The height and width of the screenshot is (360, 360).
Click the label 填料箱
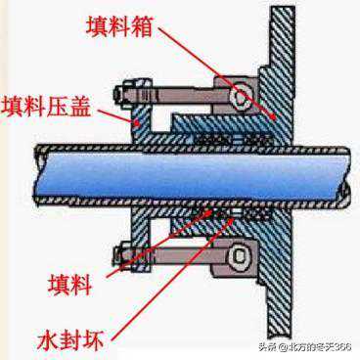tap(119, 25)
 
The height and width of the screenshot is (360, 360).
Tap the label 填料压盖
tap(46, 107)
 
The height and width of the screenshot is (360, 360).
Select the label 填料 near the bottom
tap(70, 285)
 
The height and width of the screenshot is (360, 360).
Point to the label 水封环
tap(71, 339)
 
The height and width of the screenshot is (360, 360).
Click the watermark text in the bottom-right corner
tap(305, 347)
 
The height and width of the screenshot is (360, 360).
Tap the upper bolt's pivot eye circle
tap(240, 96)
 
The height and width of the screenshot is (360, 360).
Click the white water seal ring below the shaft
tap(236, 213)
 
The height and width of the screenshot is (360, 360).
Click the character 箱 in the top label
tap(142, 25)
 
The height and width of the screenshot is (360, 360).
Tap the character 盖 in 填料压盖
tap(79, 107)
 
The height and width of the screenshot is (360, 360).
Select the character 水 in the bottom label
tap(49, 339)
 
